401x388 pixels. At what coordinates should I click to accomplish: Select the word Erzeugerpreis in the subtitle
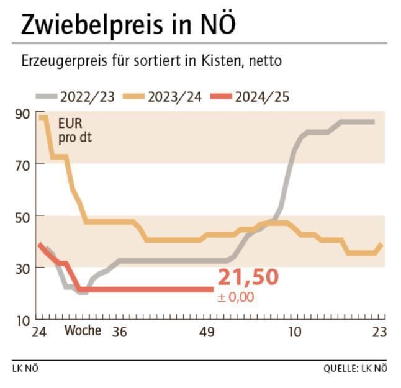click(57, 62)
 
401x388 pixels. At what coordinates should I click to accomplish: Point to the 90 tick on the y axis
click(22, 112)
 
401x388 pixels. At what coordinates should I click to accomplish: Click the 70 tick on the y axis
click(22, 164)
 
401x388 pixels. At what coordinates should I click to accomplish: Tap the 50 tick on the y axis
click(22, 216)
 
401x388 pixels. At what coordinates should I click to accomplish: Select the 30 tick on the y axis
click(22, 268)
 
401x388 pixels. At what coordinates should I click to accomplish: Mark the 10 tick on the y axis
click(22, 320)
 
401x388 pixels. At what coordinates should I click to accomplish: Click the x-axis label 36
click(120, 332)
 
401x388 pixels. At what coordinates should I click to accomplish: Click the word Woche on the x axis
click(83, 330)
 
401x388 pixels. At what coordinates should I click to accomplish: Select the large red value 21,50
click(248, 278)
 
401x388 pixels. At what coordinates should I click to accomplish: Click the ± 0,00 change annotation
click(235, 297)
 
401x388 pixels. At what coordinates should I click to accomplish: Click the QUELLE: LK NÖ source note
click(355, 368)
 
